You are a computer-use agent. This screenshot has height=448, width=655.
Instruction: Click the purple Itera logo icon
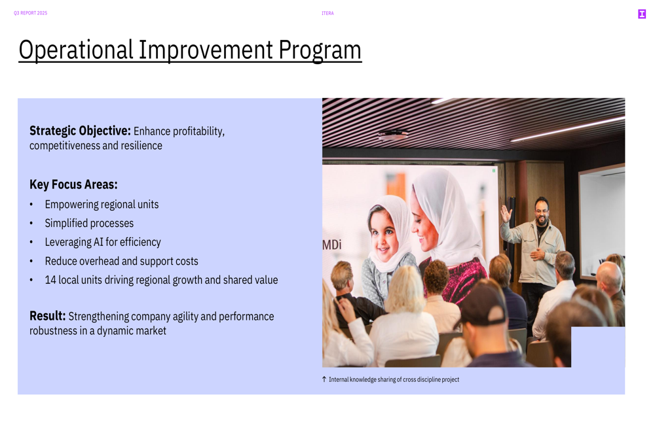pos(642,14)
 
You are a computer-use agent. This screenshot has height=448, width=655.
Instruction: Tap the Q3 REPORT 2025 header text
pos(31,13)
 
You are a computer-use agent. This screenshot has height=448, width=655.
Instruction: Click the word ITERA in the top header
pos(327,13)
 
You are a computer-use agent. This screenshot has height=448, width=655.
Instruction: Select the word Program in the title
pos(320,50)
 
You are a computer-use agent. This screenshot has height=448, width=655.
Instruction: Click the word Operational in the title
pos(76,50)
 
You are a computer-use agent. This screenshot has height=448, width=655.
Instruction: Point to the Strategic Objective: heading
pos(80,131)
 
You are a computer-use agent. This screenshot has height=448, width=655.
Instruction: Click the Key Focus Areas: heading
pos(73,184)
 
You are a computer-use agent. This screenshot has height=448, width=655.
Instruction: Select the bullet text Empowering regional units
pos(102,205)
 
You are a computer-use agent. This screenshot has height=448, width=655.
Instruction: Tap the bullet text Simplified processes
pos(89,223)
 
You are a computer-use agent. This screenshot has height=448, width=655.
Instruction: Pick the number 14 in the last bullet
pos(50,280)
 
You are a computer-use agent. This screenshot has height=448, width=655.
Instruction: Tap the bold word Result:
pos(48,316)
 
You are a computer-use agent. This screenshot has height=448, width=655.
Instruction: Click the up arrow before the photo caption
pos(324,379)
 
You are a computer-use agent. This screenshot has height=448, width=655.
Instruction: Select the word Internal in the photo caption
pos(339,379)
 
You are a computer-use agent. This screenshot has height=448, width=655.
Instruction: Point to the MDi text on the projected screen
pos(331,245)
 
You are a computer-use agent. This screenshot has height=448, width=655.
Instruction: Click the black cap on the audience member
pos(485,303)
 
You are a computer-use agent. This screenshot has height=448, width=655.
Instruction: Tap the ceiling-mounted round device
pos(393,135)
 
